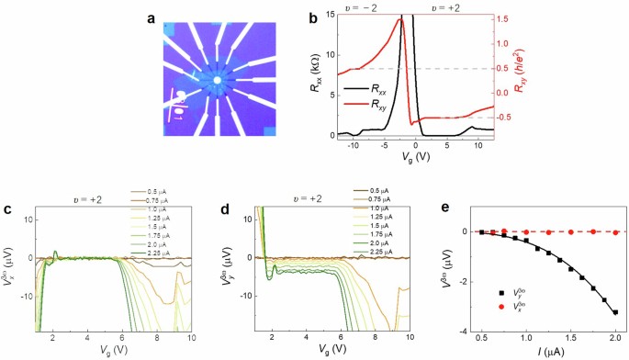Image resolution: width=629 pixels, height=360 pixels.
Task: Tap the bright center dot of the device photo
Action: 216,81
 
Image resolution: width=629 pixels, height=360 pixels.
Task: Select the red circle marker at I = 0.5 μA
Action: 481,232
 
